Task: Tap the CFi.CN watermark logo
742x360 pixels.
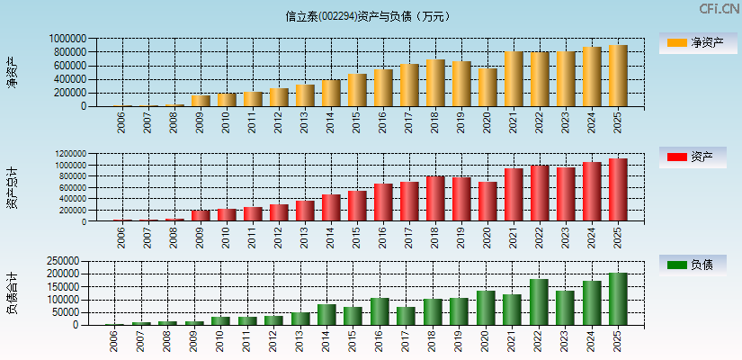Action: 720,9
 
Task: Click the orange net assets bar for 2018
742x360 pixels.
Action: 435,83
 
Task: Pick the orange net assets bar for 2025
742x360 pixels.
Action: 618,76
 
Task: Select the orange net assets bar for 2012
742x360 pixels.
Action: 279,97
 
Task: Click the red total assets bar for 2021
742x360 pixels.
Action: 514,195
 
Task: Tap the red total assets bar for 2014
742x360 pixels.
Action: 331,208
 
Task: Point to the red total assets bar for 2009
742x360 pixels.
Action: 201,216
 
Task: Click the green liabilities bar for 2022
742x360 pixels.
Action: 539,302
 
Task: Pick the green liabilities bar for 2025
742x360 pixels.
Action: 618,299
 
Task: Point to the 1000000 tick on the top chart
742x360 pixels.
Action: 67,39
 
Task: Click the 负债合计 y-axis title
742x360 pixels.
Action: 13,292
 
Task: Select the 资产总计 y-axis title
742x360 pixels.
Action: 13,188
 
